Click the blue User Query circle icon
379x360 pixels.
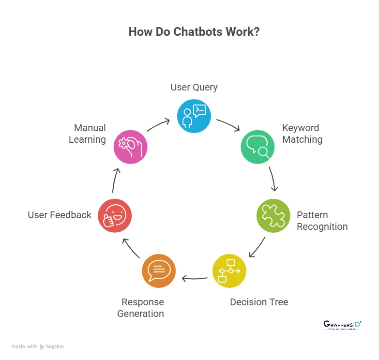coord(194,116)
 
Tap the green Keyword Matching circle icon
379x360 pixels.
coord(258,147)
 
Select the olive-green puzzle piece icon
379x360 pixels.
coord(273,216)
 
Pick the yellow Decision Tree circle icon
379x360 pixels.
coord(229,271)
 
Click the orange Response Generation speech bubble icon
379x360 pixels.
coord(159,271)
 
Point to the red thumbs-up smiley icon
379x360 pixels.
coord(115,215)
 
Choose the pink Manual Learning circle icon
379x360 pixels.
coord(130,147)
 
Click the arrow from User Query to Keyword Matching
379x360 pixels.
coord(228,125)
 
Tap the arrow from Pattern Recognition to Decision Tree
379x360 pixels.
coord(257,247)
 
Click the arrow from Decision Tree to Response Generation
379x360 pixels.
coord(195,278)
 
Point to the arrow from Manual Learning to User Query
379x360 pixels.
coord(158,124)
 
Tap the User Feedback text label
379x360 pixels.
coord(60,215)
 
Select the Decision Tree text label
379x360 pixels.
coord(259,302)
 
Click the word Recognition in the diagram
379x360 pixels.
coord(322,226)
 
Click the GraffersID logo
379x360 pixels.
coord(342,325)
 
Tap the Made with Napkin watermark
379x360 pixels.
coord(38,346)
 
